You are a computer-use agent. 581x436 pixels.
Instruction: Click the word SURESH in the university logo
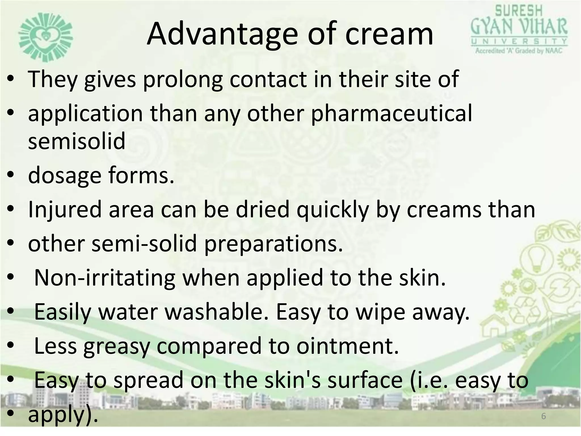pyautogui.click(x=519, y=11)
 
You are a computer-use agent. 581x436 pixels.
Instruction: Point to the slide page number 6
pyautogui.click(x=544, y=416)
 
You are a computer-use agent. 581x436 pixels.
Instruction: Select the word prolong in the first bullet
pyautogui.click(x=183, y=79)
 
